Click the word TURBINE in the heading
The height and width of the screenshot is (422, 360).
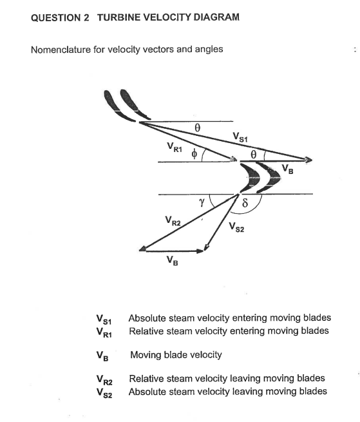coord(121,17)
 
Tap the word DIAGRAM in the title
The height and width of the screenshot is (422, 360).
coord(214,17)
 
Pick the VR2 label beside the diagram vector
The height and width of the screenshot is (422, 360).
coord(173,222)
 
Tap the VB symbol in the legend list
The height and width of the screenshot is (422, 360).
coord(102,356)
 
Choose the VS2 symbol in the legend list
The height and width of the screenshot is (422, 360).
coord(104,392)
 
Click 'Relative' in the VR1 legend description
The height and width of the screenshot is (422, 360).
coord(146,331)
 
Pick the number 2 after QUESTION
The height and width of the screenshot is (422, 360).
coord(86,17)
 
